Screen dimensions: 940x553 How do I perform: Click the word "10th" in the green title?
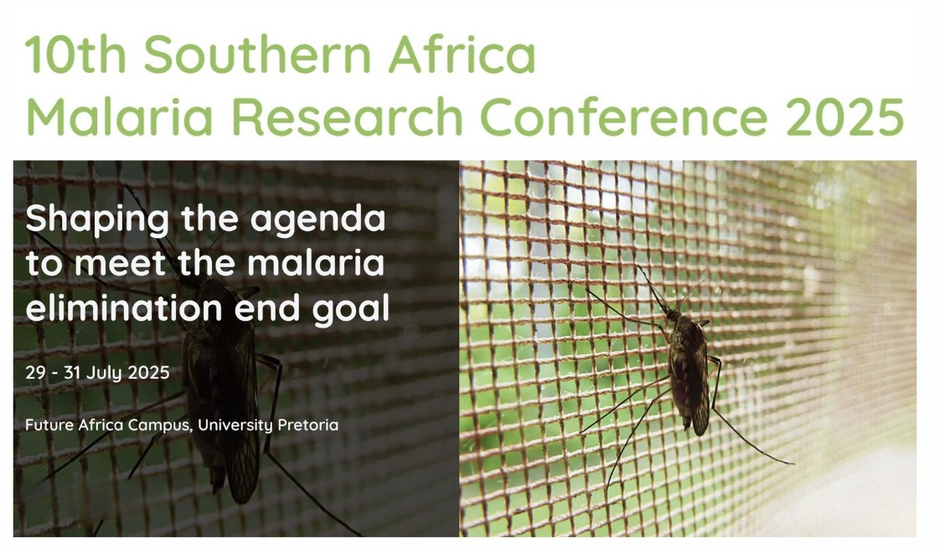click(x=75, y=54)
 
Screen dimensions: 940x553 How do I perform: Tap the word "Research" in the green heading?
click(x=347, y=116)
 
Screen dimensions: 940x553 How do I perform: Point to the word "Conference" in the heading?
click(x=623, y=116)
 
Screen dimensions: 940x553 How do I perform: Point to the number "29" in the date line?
click(x=35, y=373)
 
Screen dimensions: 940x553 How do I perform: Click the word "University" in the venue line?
click(x=235, y=426)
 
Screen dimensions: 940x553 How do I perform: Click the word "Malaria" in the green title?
click(x=120, y=116)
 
